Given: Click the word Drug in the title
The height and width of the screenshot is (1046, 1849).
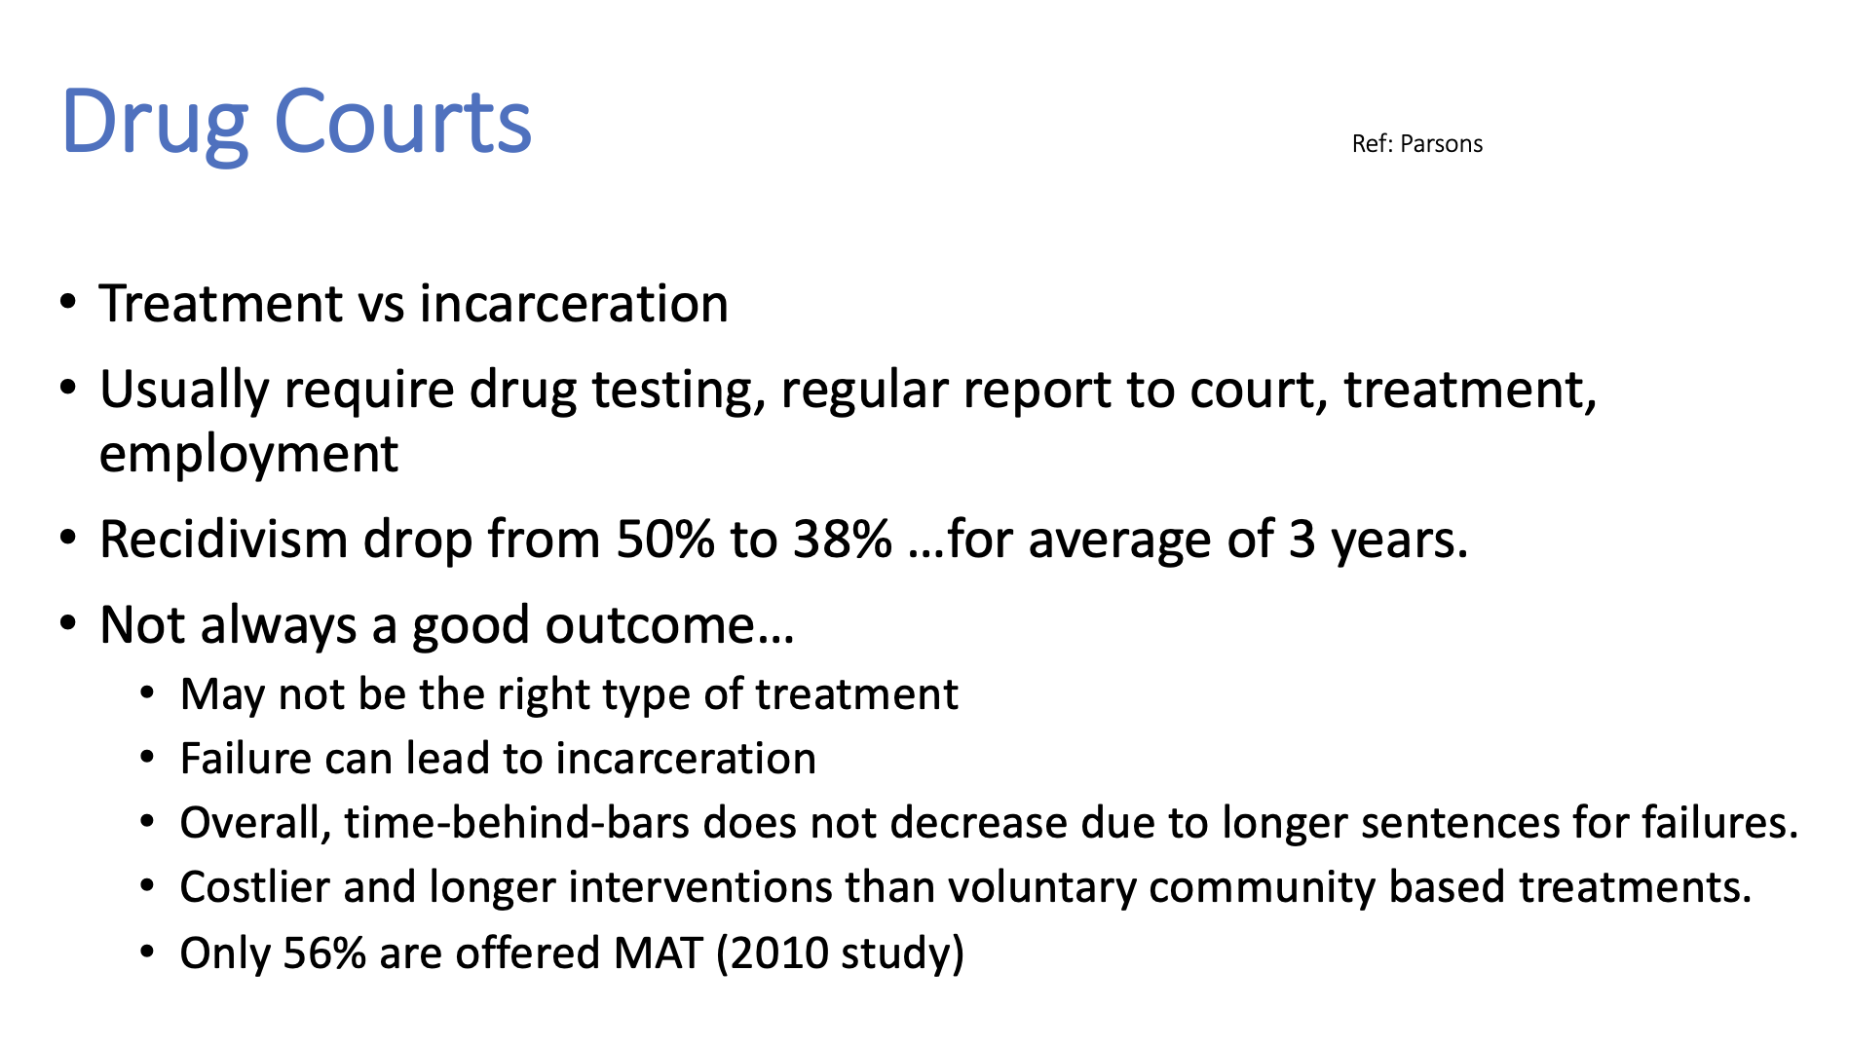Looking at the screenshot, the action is point(154,124).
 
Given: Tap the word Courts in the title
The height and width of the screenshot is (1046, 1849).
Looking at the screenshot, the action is point(402,122).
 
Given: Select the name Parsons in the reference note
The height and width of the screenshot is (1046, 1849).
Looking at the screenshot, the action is point(1442,144).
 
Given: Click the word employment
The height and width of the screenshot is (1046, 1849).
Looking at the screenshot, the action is point(248,455).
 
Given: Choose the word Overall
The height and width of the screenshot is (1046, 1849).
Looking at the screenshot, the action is point(255,823).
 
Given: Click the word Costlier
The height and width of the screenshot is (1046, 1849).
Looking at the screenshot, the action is point(254,887).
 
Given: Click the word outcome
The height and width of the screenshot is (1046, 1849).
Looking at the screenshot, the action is point(669,625).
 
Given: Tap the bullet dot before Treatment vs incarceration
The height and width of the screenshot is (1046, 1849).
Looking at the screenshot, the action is point(67,303).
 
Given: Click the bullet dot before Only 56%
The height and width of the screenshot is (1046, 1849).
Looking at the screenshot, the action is point(147,953).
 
